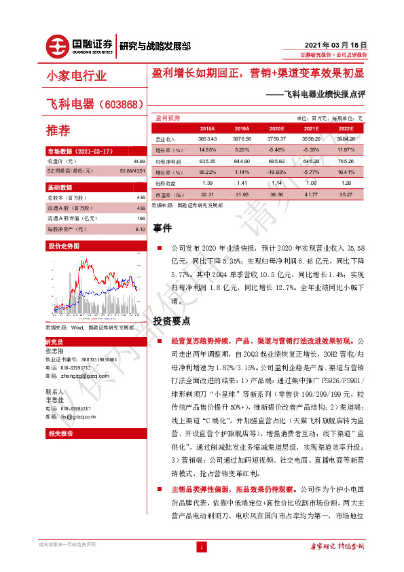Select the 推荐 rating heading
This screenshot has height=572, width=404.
pyautogui.click(x=58, y=130)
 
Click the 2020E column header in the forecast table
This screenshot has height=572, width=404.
pyautogui.click(x=276, y=128)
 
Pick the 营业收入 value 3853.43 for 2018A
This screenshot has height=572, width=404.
pyautogui.click(x=207, y=138)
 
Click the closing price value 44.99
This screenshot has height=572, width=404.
pyautogui.click(x=139, y=161)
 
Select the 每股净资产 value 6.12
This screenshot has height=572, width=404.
pyautogui.click(x=141, y=229)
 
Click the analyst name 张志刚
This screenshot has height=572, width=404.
pyautogui.click(x=55, y=351)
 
